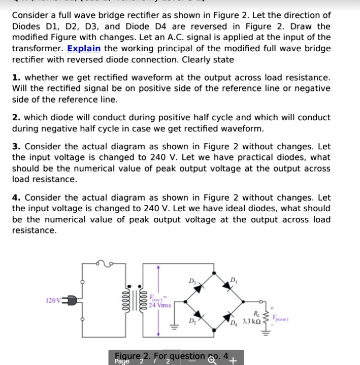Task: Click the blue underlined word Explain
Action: [84, 48]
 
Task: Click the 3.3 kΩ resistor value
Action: [252, 321]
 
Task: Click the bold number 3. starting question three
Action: [16, 146]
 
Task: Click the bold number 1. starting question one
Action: [16, 77]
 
